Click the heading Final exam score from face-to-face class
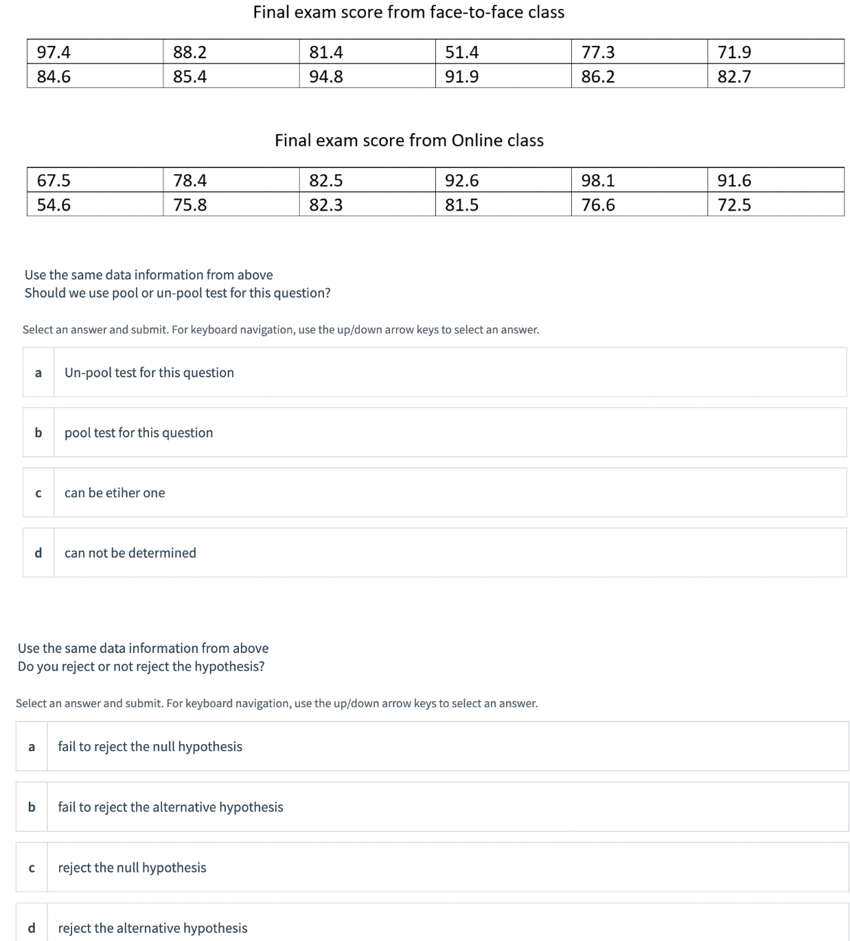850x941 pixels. point(409,12)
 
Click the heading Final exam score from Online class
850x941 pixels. point(409,141)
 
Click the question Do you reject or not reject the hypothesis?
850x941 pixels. point(141,666)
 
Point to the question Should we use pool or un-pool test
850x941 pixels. point(177,293)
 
